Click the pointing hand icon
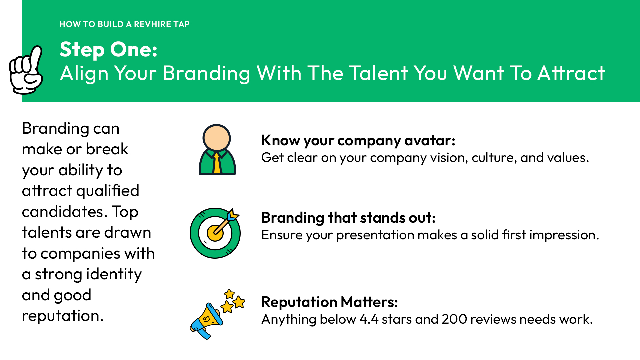(x=26, y=70)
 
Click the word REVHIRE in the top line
(x=152, y=24)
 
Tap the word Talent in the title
(x=378, y=73)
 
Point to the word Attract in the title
(x=571, y=73)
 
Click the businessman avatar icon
(x=217, y=150)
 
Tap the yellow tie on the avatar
(x=217, y=163)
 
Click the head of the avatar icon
(x=217, y=138)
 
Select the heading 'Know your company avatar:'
(x=358, y=141)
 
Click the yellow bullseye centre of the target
(x=215, y=233)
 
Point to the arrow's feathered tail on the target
(x=233, y=215)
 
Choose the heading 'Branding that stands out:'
(x=348, y=218)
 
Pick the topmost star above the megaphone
(x=229, y=294)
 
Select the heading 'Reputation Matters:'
(x=330, y=302)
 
